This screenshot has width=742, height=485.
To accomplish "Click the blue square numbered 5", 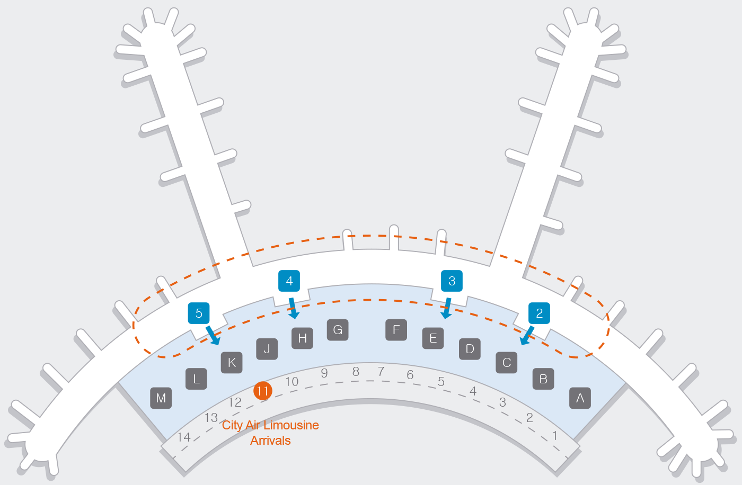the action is tap(199, 313).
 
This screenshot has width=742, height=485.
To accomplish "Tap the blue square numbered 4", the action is tap(289, 281).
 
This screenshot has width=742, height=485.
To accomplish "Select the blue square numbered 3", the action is tap(452, 281).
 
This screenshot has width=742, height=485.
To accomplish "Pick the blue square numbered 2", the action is tap(540, 313).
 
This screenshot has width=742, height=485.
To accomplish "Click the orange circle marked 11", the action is tap(263, 391).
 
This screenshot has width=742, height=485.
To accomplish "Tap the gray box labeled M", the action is tap(161, 398).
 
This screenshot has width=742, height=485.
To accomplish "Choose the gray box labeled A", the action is tap(580, 398).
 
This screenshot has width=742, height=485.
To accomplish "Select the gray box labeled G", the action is tap(338, 330).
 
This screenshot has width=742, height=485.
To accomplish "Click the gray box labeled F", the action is tap(396, 330).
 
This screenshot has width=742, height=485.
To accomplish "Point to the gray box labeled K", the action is tap(232, 363).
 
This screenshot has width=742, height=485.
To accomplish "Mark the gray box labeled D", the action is tap(470, 349).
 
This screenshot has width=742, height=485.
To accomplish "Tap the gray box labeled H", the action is tap(303, 338).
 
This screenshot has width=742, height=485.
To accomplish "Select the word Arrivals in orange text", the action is tap(270, 441).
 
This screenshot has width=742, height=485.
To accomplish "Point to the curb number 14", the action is tap(184, 437).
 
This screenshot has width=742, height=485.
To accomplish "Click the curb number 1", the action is tap(555, 436).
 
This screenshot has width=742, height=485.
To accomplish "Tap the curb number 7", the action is tap(381, 372).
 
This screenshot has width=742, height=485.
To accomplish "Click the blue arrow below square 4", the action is tap(293, 308).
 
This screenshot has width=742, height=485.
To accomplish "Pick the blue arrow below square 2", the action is tap(527, 336).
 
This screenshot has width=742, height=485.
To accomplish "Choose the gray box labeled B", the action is tap(543, 379).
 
